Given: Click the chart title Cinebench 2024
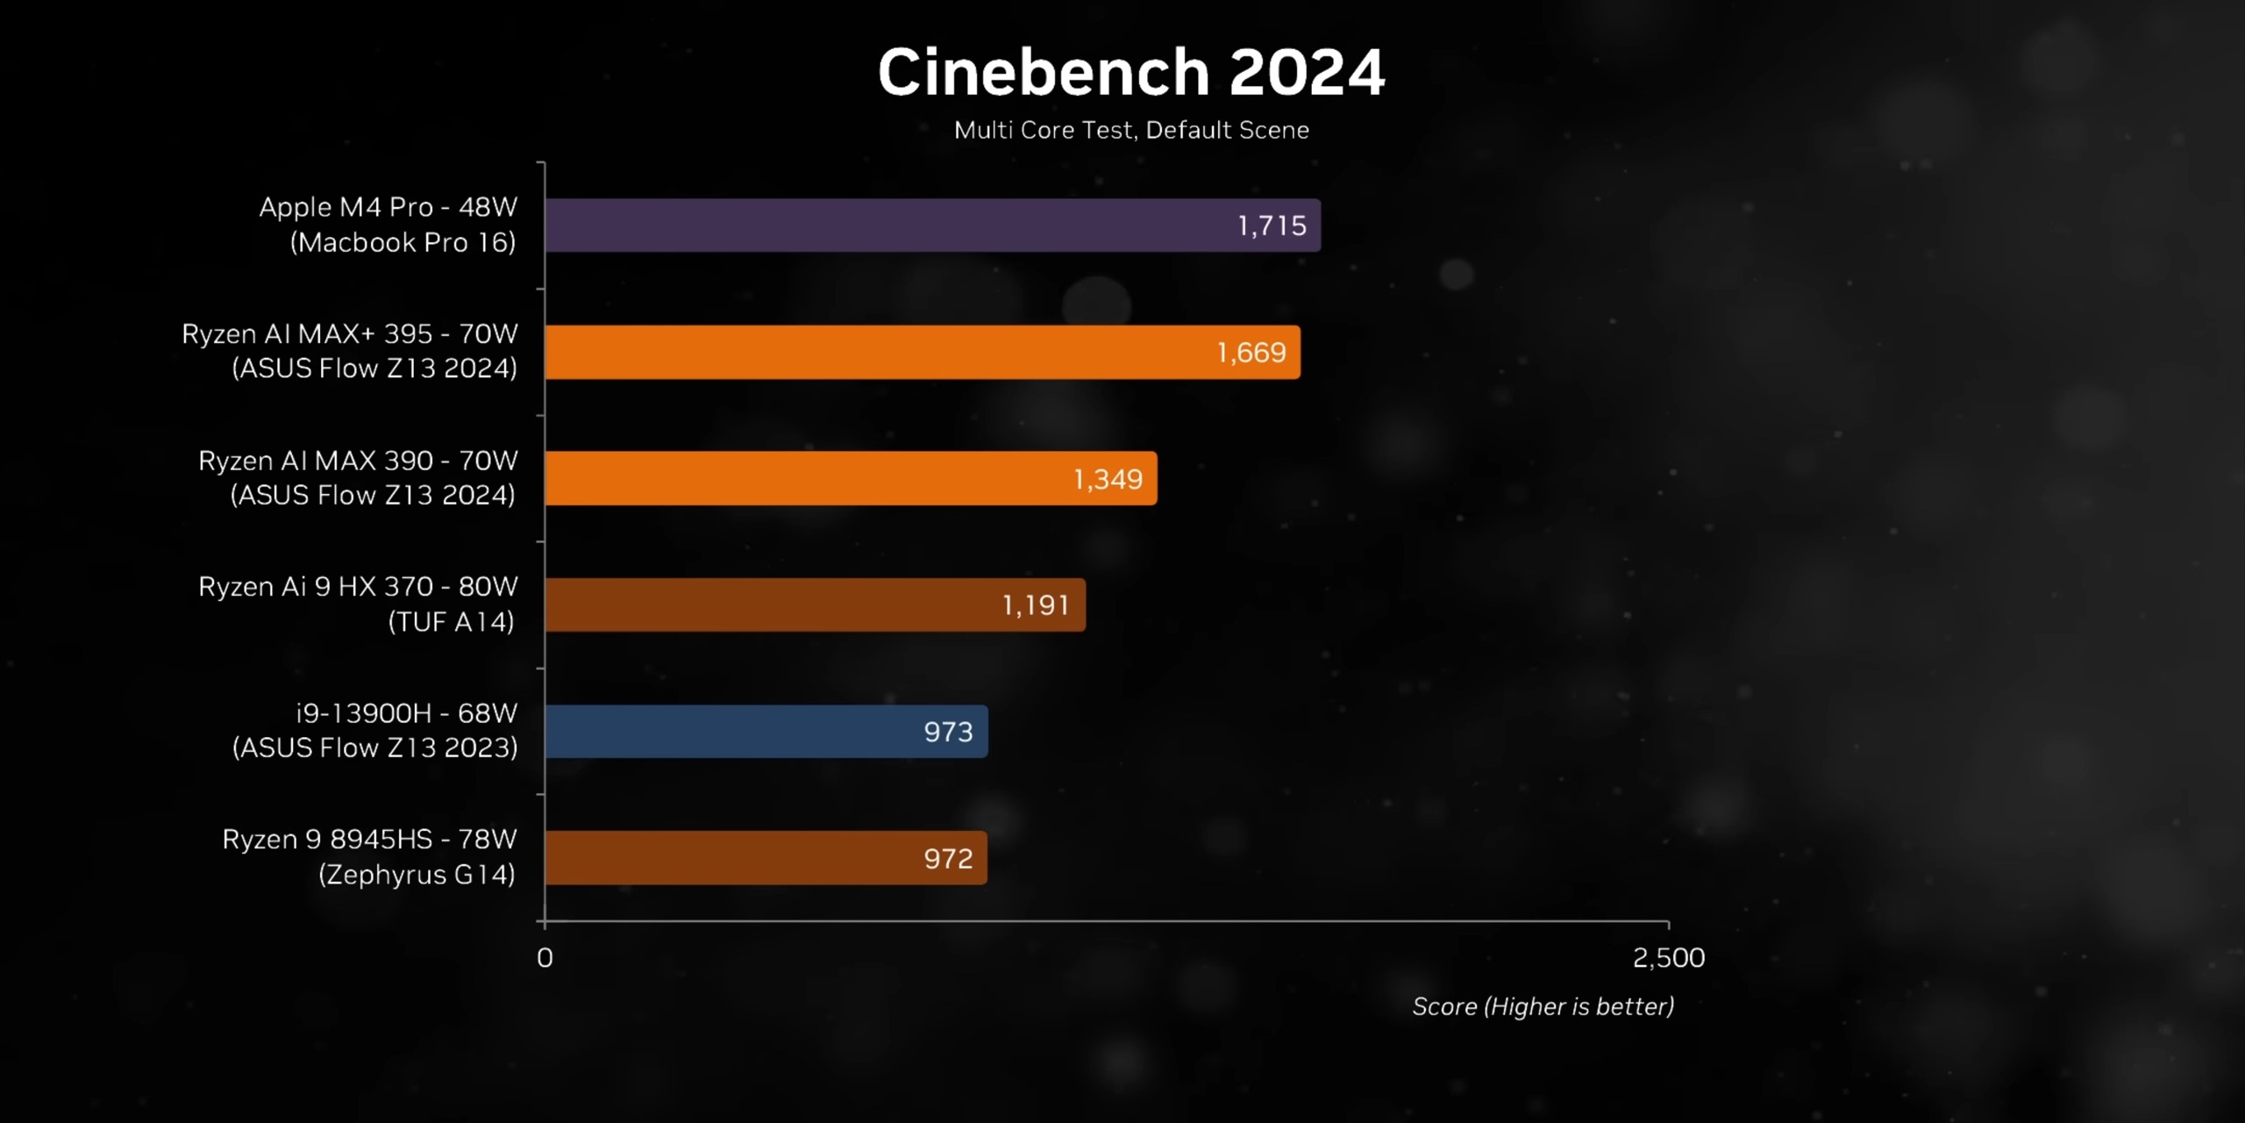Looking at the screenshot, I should (1131, 72).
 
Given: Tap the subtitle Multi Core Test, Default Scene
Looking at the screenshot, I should (1131, 130).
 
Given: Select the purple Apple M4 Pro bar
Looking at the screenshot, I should (877, 225).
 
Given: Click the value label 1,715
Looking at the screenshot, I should (1272, 226).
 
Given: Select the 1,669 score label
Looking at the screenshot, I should (1251, 353).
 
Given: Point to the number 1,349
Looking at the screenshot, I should (1108, 479).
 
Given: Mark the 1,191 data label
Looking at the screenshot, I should (1036, 605).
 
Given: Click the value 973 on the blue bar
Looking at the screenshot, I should (948, 732).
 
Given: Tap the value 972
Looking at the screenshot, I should (948, 858).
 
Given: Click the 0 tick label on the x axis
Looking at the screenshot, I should (545, 957).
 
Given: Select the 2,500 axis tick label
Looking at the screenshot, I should (1668, 957).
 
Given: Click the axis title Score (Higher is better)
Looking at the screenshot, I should (1543, 1006).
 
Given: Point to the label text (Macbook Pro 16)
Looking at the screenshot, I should (403, 243).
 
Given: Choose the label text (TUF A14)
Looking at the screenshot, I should (451, 622).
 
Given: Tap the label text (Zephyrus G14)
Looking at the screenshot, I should (417, 875).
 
